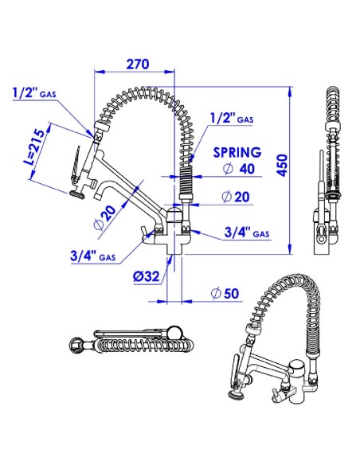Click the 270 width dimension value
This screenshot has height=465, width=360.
[x=138, y=64]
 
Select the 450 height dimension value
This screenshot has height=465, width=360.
[x=283, y=165]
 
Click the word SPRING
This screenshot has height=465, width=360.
[x=237, y=152]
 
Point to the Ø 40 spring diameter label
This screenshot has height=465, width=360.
[x=239, y=169]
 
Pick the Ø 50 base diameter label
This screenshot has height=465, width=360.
[x=225, y=293]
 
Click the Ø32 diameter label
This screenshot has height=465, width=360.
[x=147, y=276]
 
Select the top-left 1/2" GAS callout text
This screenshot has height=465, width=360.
[x=34, y=93]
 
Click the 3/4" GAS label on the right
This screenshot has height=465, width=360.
[x=247, y=232]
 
